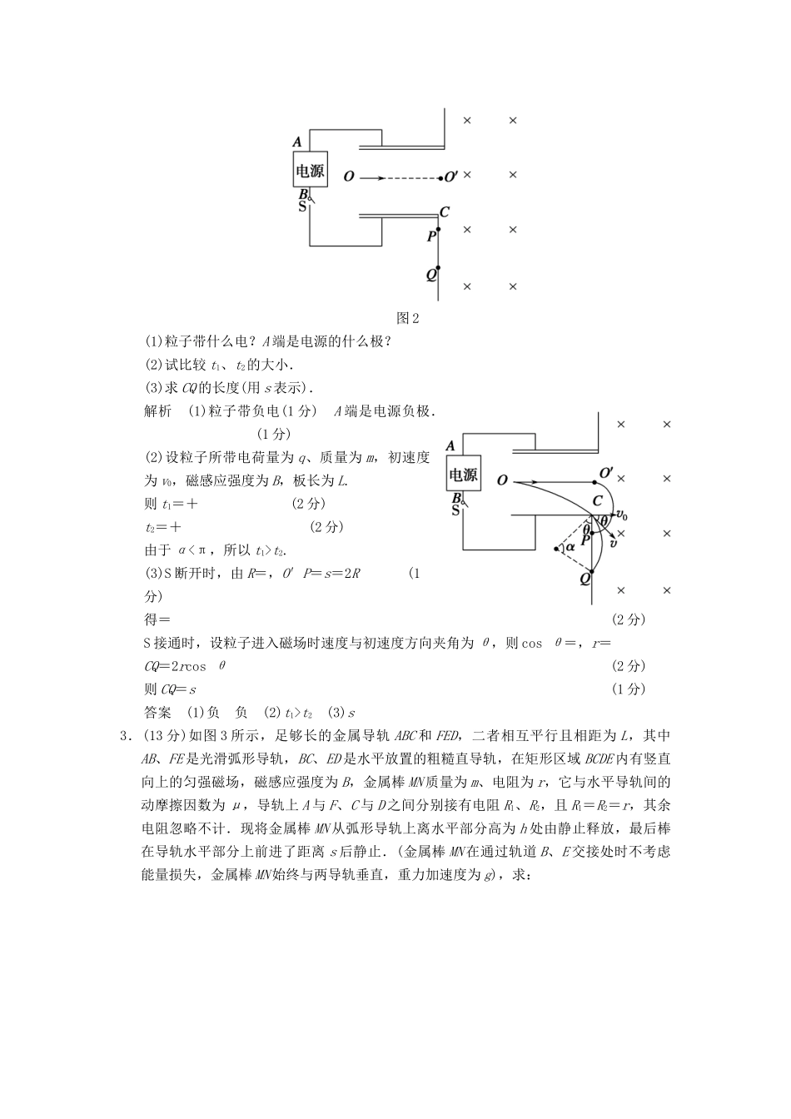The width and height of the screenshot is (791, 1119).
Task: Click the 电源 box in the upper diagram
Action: point(310,172)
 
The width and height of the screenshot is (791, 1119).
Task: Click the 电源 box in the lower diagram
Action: point(463,475)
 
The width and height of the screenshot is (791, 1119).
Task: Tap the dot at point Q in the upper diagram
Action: point(438,268)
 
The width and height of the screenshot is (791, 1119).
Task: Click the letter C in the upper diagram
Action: point(445,212)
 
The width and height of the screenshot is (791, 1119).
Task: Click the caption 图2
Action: point(408,317)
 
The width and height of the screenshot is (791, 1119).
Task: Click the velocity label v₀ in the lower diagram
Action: point(621,515)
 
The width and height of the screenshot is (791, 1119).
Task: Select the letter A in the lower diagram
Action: point(450,446)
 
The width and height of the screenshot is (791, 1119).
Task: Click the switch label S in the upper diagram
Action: point(302,206)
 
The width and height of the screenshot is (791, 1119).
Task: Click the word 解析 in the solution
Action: point(158,410)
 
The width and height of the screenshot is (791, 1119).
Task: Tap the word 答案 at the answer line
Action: point(158,712)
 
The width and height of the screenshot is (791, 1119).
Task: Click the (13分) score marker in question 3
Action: point(164,735)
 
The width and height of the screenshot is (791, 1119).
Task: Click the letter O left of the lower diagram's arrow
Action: point(502,480)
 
